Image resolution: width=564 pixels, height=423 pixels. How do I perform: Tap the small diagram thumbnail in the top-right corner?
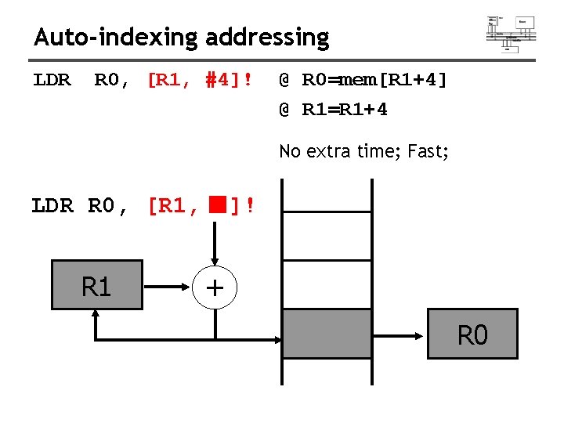pos(511,33)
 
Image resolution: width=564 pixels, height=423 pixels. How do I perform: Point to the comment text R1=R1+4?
pos(345,110)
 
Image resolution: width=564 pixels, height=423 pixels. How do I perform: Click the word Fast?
pos(427,151)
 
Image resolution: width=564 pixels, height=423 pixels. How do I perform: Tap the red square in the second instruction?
pos(216,205)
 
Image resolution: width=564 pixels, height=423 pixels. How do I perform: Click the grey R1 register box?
pos(96,285)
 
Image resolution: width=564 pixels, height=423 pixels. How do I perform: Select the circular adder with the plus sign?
pos(215,287)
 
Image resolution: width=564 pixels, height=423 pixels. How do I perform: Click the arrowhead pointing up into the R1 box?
pos(96,315)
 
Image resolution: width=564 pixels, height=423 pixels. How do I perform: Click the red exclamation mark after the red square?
pos(249,206)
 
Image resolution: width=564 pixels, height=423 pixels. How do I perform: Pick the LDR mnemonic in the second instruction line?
pos(52,206)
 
